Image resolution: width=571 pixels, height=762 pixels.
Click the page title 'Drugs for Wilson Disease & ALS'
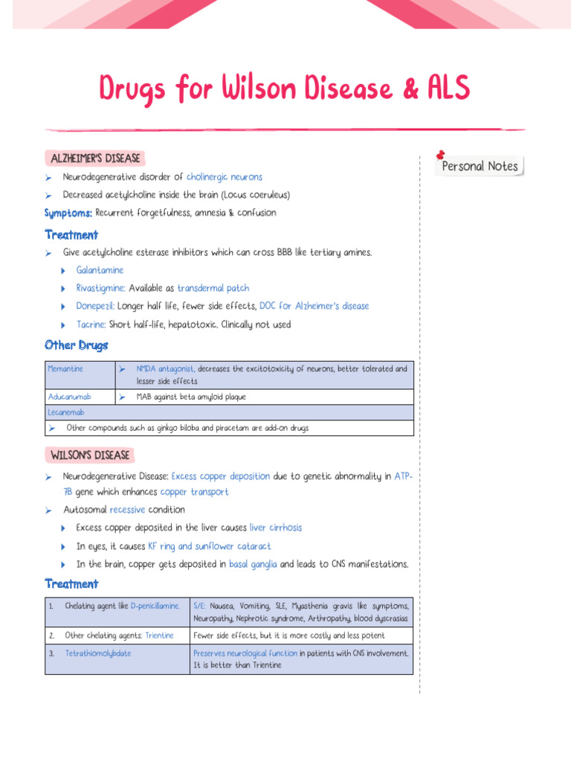pyautogui.click(x=285, y=90)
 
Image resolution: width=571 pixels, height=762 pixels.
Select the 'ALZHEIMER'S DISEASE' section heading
pyautogui.click(x=94, y=159)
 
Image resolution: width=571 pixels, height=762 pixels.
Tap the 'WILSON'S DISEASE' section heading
pyautogui.click(x=90, y=455)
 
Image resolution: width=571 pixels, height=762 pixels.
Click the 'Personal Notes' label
pyautogui.click(x=480, y=167)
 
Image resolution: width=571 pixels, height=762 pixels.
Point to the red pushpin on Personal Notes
pyautogui.click(x=440, y=154)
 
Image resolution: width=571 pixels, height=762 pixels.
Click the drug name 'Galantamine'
pyautogui.click(x=100, y=270)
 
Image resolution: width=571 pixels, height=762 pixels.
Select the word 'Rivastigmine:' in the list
pyautogui.click(x=101, y=288)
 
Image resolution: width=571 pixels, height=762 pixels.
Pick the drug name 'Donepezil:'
pyautogui.click(x=96, y=306)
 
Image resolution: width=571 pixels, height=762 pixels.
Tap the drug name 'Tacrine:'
pyautogui.click(x=91, y=324)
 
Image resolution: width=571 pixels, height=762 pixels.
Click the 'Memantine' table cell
pyautogui.click(x=65, y=369)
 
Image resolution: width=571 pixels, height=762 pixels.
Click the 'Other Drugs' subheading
pyautogui.click(x=76, y=345)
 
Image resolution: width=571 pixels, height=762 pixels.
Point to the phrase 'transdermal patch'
pyautogui.click(x=213, y=288)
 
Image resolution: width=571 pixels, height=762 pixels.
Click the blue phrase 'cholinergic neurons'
pyautogui.click(x=224, y=177)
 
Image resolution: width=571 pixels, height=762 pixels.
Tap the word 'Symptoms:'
pyautogui.click(x=68, y=213)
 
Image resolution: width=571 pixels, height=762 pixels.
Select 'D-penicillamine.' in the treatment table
pyautogui.click(x=155, y=606)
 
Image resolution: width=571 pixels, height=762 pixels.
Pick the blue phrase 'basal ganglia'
pyautogui.click(x=253, y=564)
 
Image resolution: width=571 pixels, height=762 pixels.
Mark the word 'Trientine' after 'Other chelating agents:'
pyautogui.click(x=160, y=635)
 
